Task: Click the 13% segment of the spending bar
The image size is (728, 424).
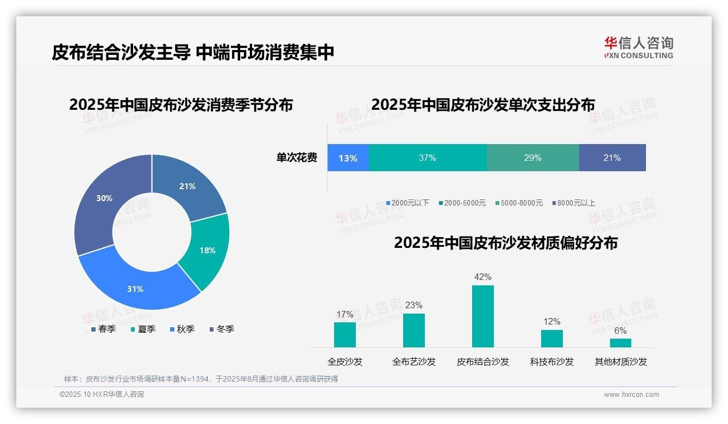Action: [x=348, y=158]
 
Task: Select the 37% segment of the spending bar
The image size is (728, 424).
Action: [x=428, y=158]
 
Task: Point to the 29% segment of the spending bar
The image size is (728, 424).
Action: [x=532, y=158]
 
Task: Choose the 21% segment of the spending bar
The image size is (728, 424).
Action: [x=612, y=158]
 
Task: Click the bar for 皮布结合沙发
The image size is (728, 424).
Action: [x=483, y=316]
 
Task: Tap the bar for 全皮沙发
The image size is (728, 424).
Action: [x=345, y=335]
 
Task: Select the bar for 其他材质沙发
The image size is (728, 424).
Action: [x=620, y=343]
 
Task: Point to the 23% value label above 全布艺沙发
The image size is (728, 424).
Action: [x=413, y=305]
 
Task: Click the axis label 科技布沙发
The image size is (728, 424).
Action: [x=552, y=362]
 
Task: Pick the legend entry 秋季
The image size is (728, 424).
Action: [x=183, y=329]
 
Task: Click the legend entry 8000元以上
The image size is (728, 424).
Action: [x=574, y=203]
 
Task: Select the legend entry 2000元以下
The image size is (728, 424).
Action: [x=407, y=203]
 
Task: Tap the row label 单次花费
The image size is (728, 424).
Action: [x=297, y=158]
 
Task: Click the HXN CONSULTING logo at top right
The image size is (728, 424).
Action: [x=638, y=48]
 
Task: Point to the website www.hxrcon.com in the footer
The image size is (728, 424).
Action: [x=631, y=395]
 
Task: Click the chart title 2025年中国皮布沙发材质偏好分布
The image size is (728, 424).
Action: [x=506, y=243]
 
